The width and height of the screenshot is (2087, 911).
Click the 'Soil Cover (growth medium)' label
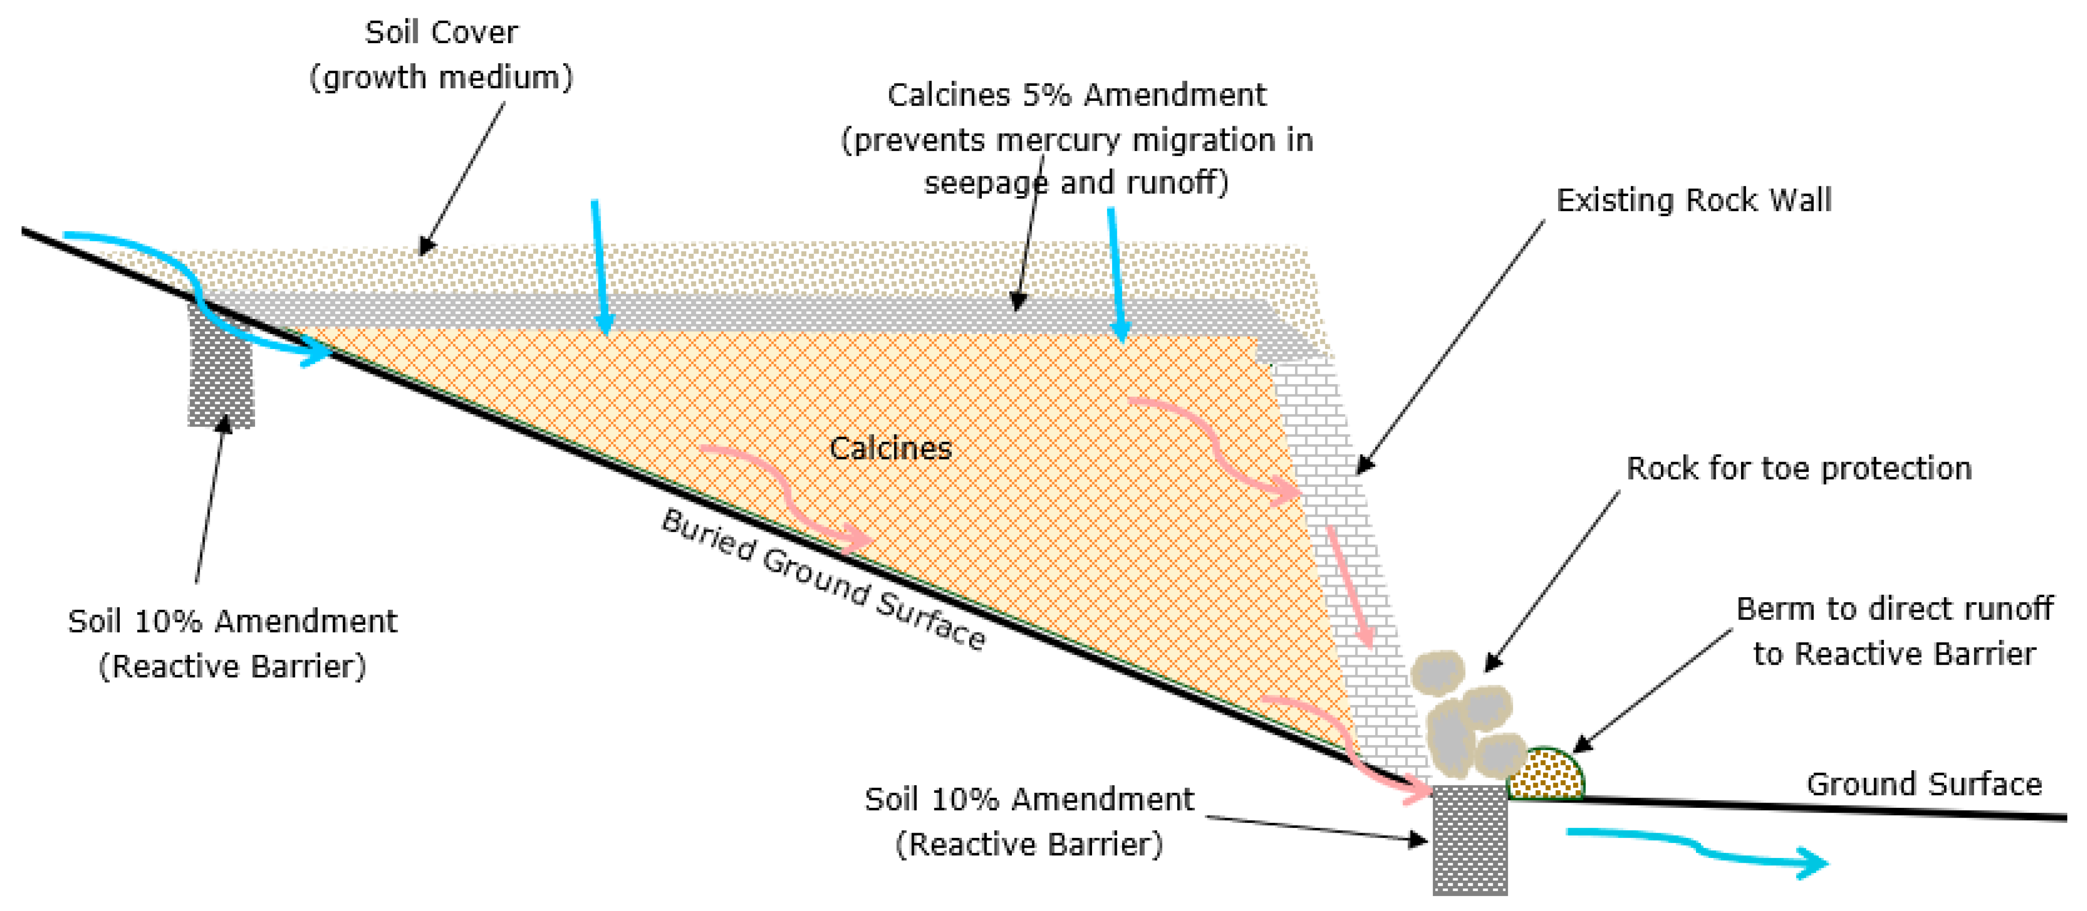tap(442, 55)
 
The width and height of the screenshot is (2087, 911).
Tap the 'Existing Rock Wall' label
tap(1693, 200)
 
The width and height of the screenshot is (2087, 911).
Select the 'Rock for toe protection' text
tap(1799, 469)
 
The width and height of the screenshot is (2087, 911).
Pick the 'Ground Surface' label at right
tap(1924, 784)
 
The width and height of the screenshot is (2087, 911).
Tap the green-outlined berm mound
tap(1546, 774)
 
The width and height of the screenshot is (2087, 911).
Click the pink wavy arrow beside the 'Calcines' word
tap(786, 494)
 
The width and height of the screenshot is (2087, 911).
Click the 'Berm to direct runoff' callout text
tap(1894, 630)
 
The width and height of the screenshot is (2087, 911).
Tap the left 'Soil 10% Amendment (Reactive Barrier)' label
tap(233, 644)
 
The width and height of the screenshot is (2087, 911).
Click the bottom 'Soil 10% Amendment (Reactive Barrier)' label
tap(1029, 821)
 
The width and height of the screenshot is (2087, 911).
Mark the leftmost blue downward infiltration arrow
tap(600, 267)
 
